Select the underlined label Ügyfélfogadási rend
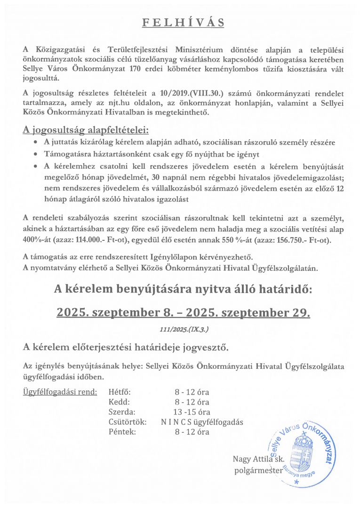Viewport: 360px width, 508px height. [60, 391]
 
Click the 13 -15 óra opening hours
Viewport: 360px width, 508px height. [192, 412]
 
